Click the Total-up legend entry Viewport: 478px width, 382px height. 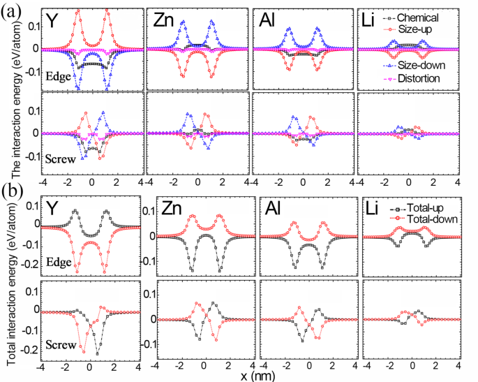pyautogui.click(x=428, y=208)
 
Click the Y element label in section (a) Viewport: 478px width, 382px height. pyautogui.click(x=52, y=22)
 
